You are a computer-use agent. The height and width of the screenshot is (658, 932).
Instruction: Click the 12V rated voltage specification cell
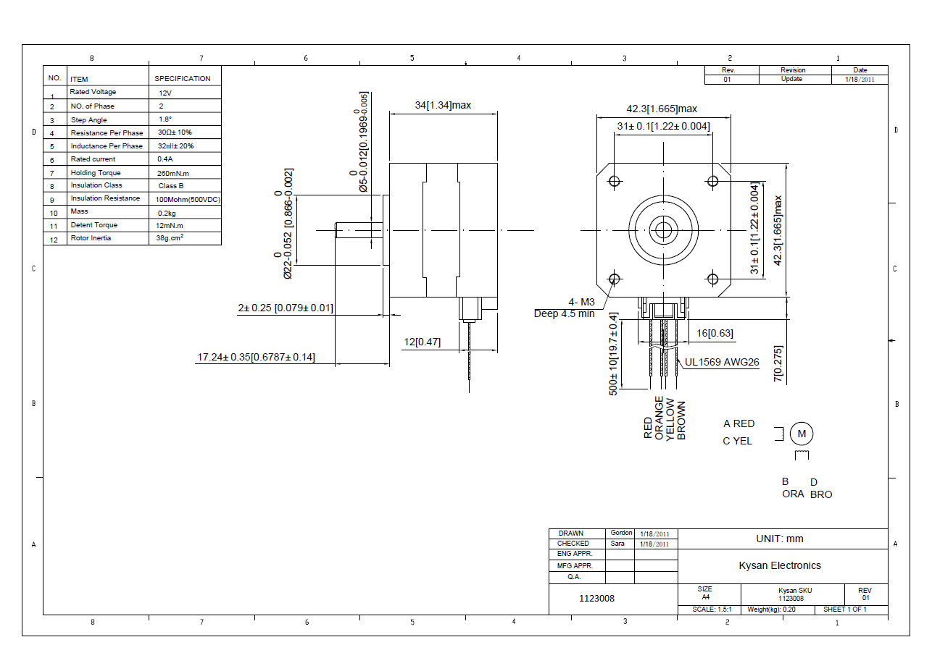[x=165, y=93]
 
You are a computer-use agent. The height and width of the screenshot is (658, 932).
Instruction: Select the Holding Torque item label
[x=96, y=173]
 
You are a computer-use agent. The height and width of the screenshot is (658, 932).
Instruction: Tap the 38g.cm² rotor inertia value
[x=170, y=237]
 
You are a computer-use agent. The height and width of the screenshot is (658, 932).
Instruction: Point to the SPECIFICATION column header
[x=182, y=79]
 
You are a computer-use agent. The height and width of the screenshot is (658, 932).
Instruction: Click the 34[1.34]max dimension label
[x=443, y=105]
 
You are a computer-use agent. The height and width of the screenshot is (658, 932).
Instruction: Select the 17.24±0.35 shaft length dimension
[x=256, y=357]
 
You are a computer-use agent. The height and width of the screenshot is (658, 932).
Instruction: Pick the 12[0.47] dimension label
[x=422, y=342]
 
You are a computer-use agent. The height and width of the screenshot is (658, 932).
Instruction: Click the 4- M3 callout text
[x=582, y=302]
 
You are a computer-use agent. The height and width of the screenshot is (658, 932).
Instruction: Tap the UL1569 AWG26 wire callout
[x=722, y=362]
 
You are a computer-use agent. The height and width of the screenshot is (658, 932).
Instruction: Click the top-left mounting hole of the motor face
[x=615, y=181]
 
